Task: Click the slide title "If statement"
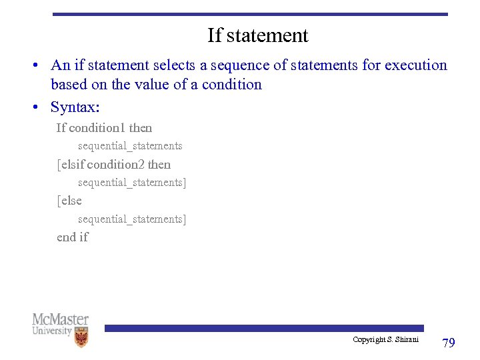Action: [257, 35]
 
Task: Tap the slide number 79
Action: [449, 343]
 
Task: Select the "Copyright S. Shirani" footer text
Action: [385, 340]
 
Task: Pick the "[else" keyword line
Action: [69, 201]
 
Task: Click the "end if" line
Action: [72, 237]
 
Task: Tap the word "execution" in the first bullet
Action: [415, 65]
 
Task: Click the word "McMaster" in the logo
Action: [60, 319]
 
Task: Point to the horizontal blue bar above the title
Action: [250, 14]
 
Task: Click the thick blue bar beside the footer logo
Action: [263, 328]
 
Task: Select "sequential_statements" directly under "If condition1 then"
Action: [130, 146]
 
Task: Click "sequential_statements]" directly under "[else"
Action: [132, 219]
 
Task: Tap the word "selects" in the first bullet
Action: [175, 65]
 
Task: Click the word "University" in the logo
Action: [52, 331]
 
